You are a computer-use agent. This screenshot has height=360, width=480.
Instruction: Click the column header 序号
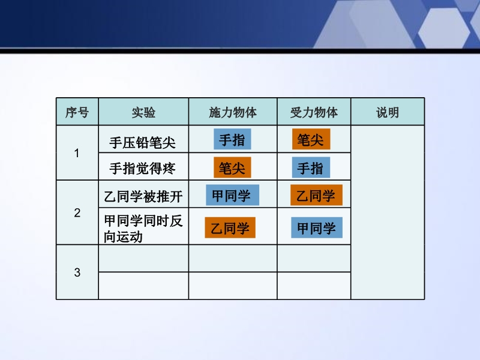[77, 112]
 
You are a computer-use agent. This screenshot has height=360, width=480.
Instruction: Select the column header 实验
[143, 112]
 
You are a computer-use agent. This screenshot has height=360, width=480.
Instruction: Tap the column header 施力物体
[233, 112]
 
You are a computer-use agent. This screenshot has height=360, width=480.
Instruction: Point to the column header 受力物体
[314, 112]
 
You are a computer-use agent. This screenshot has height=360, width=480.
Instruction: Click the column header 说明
[388, 112]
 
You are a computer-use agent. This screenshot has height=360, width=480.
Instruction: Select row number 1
[77, 153]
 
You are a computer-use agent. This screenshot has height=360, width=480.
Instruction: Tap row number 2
[77, 213]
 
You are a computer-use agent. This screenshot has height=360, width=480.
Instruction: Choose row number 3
[77, 272]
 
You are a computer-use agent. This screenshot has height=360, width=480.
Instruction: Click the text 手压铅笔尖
[142, 143]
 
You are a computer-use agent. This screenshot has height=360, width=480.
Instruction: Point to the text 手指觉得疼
[142, 169]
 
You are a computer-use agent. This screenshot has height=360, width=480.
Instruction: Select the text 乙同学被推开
[143, 197]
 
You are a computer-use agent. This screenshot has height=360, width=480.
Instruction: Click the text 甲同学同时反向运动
[143, 229]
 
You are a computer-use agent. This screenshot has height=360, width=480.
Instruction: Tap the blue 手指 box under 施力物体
[232, 139]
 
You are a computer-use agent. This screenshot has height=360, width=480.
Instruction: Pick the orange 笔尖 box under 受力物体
[311, 139]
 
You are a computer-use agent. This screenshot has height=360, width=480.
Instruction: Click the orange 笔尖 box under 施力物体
[232, 167]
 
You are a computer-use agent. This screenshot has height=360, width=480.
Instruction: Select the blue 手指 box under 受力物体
[311, 167]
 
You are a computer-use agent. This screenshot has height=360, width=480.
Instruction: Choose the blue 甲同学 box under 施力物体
[232, 195]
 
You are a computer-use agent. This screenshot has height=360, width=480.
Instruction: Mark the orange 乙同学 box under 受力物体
[317, 195]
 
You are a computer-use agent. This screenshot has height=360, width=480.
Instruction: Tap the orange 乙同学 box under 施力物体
[230, 227]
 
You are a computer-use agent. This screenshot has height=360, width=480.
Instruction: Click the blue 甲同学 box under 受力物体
[317, 227]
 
